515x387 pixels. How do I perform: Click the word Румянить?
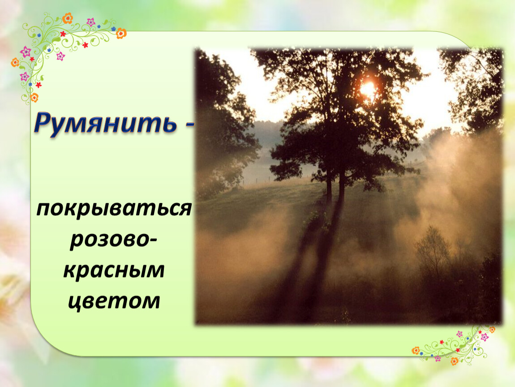pyautogui.click(x=105, y=123)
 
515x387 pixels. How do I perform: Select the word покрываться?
pyautogui.click(x=114, y=209)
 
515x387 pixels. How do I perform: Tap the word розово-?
pyautogui.click(x=113, y=240)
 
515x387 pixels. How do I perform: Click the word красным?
pyautogui.click(x=114, y=271)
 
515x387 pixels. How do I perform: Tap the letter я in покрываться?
pyautogui.click(x=185, y=209)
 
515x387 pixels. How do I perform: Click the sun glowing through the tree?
pyautogui.click(x=367, y=88)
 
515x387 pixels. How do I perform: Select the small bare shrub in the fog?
pyautogui.click(x=433, y=249)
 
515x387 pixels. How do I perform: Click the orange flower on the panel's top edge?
pyautogui.click(x=121, y=33)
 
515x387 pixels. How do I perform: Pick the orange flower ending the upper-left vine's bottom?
pyautogui.click(x=34, y=97)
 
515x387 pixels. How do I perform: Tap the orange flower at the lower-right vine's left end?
pyautogui.click(x=416, y=351)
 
